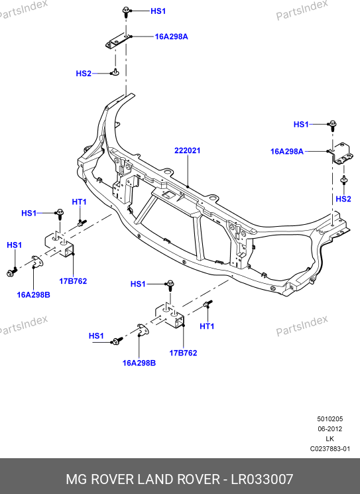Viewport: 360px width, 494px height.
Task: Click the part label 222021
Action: (x=188, y=151)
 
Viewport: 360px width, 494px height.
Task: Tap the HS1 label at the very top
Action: (x=158, y=11)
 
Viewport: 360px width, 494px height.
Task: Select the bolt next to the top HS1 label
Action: (x=126, y=13)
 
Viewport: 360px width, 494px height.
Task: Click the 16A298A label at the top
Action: (x=171, y=36)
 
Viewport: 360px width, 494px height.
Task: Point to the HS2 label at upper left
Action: (x=84, y=74)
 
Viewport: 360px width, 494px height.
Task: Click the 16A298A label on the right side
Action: (x=287, y=152)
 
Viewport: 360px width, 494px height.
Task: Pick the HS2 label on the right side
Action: (x=343, y=199)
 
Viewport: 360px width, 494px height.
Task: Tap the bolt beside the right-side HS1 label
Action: (x=333, y=126)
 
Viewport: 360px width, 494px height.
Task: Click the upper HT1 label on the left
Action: (x=79, y=202)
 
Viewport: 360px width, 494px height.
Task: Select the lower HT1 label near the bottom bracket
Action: (x=207, y=326)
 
